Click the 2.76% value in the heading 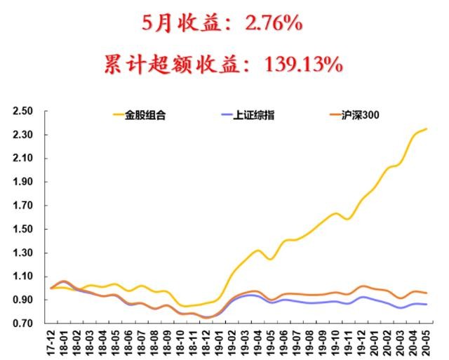265,23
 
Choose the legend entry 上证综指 254,114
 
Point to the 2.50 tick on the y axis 23,111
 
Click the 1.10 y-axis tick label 23,276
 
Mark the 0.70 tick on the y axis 23,324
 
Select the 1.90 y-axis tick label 23,182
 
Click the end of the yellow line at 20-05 427,129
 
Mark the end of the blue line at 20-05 427,305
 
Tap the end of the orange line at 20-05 427,293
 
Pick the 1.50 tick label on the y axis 23,229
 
